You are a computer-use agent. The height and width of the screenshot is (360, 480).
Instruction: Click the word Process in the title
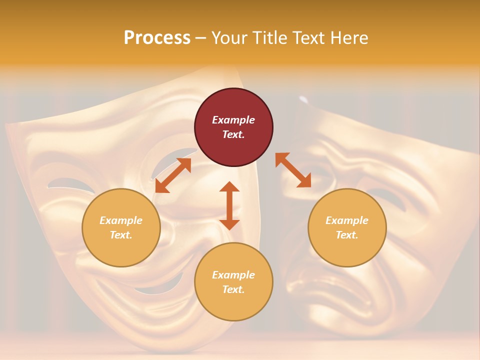tap(157, 38)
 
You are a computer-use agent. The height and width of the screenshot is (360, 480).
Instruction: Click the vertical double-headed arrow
tap(229, 205)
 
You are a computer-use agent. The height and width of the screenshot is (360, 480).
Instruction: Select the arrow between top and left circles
tap(173, 175)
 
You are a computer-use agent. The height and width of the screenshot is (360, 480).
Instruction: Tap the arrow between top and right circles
tap(293, 170)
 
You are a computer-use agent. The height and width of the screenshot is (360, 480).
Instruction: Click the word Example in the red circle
tap(233, 120)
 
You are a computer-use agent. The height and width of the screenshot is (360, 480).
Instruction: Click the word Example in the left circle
tap(121, 220)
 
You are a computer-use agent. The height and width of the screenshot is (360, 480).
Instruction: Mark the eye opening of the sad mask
tap(390, 200)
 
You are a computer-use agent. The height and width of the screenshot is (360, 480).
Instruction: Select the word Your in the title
tap(229, 38)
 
